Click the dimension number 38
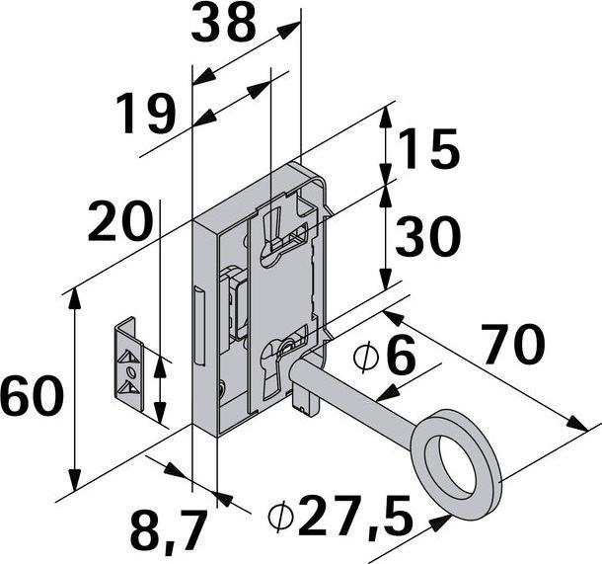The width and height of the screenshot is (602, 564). pyautogui.click(x=223, y=23)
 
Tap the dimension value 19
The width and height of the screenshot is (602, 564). pyautogui.click(x=146, y=114)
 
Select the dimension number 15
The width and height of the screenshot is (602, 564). pyautogui.click(x=428, y=149)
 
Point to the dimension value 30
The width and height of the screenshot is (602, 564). pyautogui.click(x=427, y=236)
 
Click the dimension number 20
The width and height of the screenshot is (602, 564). pyautogui.click(x=119, y=221)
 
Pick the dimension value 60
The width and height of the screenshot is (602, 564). pyautogui.click(x=32, y=395)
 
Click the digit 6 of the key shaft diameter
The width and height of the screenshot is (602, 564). pyautogui.click(x=401, y=354)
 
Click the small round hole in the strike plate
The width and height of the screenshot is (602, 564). pyautogui.click(x=132, y=372)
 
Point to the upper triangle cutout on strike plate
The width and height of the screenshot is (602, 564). pyautogui.click(x=128, y=357)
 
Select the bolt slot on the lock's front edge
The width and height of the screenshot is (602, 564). pyautogui.click(x=199, y=325)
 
